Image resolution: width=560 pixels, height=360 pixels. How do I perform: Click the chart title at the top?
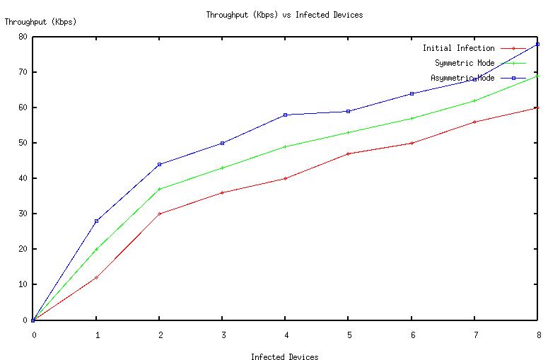point(284,15)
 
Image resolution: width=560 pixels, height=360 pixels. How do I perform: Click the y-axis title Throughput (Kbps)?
point(40,22)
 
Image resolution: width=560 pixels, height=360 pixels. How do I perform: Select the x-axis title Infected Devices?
point(284,357)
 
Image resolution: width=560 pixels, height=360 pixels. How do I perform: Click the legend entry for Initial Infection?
point(458,48)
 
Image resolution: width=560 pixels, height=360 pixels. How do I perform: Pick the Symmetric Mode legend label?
point(465,63)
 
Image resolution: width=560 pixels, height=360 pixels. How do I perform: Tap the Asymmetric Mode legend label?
point(462,78)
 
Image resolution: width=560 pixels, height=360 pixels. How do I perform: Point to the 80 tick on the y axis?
point(23,37)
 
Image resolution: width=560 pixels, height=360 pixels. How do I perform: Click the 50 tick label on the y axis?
point(23,143)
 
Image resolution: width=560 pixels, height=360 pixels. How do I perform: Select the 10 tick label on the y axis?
point(23,284)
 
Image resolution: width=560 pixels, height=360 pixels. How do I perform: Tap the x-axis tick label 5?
point(349,335)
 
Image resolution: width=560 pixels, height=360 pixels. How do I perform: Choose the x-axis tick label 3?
point(223,335)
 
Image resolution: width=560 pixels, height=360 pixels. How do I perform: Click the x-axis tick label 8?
point(538,335)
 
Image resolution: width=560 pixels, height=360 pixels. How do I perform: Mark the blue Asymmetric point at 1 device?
point(96,221)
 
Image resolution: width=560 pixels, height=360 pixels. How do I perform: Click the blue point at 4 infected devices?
point(286,115)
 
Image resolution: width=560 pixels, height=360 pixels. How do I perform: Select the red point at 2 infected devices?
point(160,214)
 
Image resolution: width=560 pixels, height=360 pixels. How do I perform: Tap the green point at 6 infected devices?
point(412,118)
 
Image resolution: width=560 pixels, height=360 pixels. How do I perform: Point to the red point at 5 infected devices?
point(349,153)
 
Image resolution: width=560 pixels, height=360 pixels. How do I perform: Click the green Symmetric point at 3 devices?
point(223,168)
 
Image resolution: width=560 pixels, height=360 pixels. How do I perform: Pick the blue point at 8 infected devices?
point(538,44)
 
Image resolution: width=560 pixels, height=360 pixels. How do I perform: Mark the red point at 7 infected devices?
point(475,122)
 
